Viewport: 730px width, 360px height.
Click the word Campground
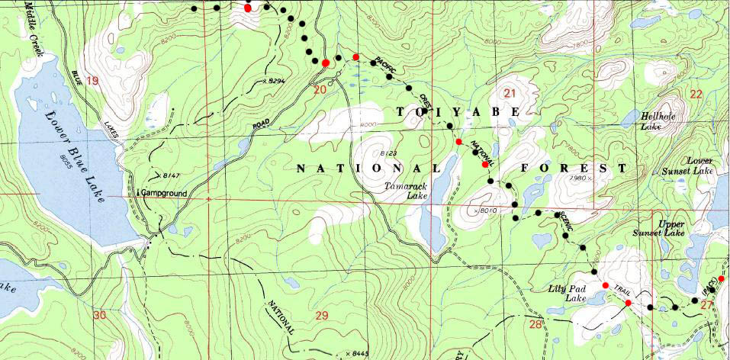pos(164,194)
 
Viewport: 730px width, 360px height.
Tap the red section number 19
pos(93,81)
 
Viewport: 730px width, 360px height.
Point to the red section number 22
pos(695,94)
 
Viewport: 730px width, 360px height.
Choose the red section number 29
pos(320,315)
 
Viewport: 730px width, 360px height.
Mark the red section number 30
pos(99,314)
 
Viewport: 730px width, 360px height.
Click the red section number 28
pos(535,325)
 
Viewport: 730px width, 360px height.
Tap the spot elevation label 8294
pos(276,80)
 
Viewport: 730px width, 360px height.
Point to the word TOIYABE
pos(457,112)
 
